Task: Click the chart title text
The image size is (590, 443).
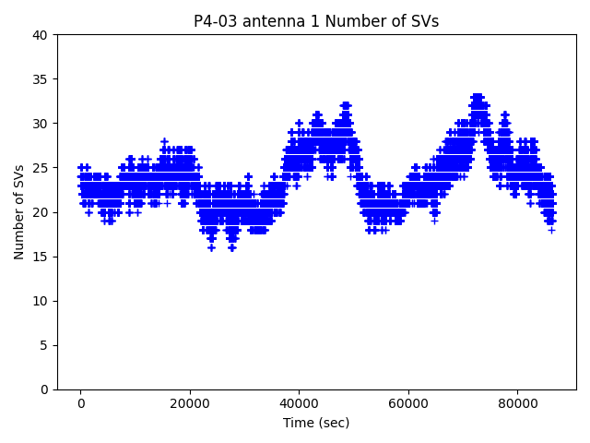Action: tap(316, 21)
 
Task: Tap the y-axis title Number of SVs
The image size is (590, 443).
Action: tap(19, 211)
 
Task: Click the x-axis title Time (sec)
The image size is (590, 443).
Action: tap(316, 423)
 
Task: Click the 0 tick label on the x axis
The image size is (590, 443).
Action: tap(80, 403)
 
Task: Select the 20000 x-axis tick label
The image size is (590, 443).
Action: tap(189, 403)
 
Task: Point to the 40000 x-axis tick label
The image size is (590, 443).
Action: tap(298, 403)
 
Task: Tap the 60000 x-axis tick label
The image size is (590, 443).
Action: tap(407, 403)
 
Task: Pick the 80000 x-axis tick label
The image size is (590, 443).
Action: tap(516, 403)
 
